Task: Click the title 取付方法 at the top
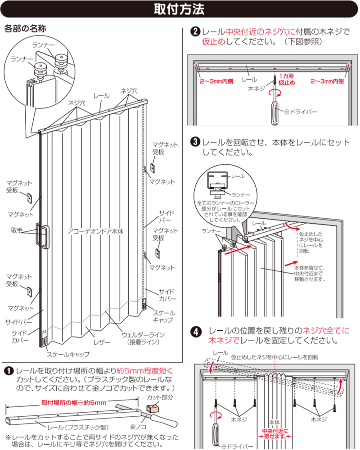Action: [x=180, y=9]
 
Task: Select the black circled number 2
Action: [x=196, y=32]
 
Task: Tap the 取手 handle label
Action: [x=17, y=230]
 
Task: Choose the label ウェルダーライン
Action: [x=143, y=335]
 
